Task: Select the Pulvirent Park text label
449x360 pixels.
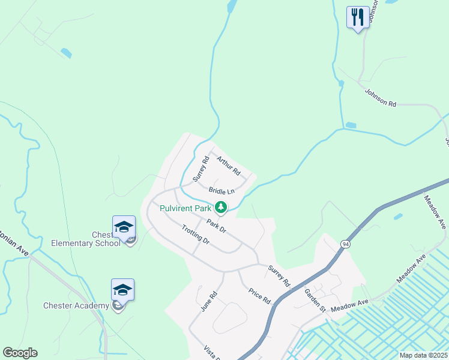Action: click(x=185, y=208)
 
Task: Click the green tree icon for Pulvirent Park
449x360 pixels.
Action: click(x=221, y=208)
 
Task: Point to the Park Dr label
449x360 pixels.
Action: click(x=216, y=226)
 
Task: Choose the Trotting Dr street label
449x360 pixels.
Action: click(x=195, y=233)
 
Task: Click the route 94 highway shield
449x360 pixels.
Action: click(x=345, y=244)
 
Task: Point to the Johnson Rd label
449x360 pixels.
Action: click(x=381, y=97)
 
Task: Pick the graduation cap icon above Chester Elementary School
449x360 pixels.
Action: click(x=124, y=227)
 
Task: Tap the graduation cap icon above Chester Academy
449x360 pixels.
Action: click(x=122, y=290)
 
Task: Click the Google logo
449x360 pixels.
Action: click(x=20, y=353)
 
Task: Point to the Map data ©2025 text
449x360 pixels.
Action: click(x=423, y=355)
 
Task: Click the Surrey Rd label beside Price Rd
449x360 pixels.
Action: click(x=279, y=275)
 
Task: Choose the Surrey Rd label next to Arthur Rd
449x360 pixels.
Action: click(x=200, y=169)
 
